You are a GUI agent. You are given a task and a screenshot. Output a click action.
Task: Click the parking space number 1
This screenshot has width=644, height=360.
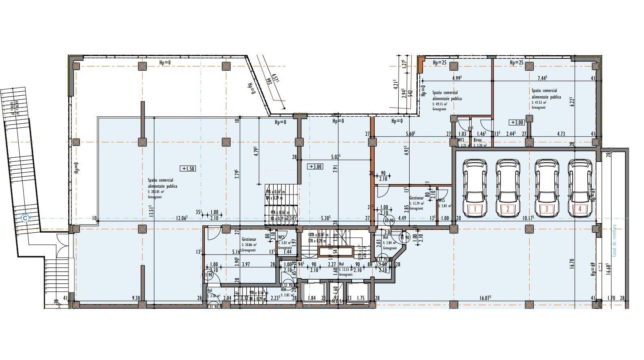pyautogui.click(x=475, y=210)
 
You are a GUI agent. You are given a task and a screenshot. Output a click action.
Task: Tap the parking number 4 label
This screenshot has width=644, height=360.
pyautogui.click(x=580, y=210)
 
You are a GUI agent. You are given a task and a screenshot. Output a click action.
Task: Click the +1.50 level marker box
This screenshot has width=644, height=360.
pyautogui.click(x=188, y=169)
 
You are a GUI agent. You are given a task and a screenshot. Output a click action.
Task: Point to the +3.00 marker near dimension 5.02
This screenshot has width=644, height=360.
pyautogui.click(x=315, y=166)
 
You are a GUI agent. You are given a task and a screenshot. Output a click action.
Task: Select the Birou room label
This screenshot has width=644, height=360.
pyautogui.click(x=477, y=140)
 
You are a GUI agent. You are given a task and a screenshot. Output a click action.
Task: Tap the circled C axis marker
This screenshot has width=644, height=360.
pyautogui.click(x=26, y=218)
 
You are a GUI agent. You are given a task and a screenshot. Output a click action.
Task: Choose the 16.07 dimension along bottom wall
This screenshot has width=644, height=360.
pyautogui.click(x=486, y=298)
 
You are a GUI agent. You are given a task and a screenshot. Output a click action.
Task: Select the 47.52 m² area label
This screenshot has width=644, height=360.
pyautogui.click(x=539, y=103)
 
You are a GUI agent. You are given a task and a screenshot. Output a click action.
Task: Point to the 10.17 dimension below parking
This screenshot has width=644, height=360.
pyautogui.click(x=528, y=218)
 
